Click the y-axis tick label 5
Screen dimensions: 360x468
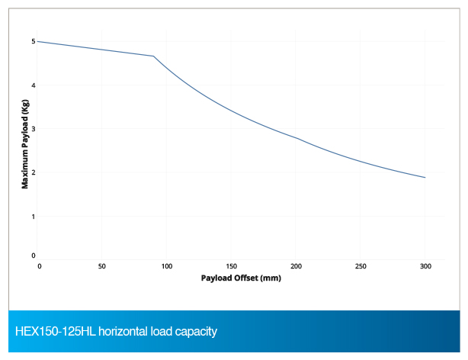pos(33,40)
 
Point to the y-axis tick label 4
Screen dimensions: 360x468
pos(33,85)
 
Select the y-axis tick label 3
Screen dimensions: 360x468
pos(33,128)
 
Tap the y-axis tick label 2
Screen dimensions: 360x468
pos(33,172)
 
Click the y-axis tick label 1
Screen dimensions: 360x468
pos(33,216)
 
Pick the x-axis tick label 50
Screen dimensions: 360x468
pos(102,266)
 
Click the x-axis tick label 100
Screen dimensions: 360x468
pos(167,266)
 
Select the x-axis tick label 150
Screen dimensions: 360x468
pos(231,266)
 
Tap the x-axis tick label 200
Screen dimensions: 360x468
pos(296,266)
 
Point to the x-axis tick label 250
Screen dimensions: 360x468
pos(361,266)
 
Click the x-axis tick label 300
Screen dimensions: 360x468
pos(425,266)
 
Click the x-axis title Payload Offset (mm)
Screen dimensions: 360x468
pos(242,278)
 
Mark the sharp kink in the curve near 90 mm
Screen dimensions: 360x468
pos(154,56)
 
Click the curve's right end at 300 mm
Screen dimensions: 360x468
pos(425,178)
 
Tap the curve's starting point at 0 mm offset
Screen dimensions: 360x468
pos(38,41)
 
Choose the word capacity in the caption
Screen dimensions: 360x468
pos(196,332)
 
